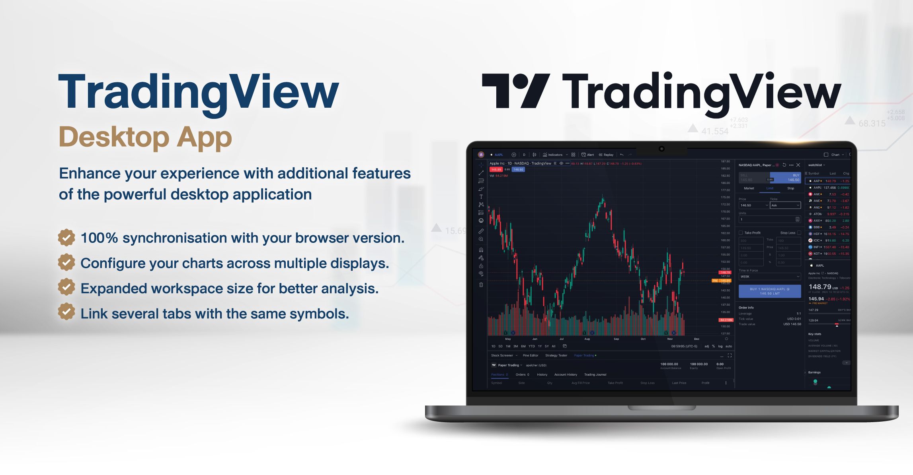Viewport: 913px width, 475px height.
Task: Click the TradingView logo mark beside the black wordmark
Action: [x=516, y=91]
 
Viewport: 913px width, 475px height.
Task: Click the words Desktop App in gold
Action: [x=145, y=137]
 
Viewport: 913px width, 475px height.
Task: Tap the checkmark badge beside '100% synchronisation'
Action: [x=66, y=238]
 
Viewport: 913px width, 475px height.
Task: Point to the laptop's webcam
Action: [x=661, y=149]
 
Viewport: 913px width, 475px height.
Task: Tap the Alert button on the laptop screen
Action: [x=588, y=155]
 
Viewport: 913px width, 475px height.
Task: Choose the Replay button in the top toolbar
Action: [x=606, y=155]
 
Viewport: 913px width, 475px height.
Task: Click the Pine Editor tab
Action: [x=531, y=355]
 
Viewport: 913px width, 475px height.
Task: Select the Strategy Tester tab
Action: [x=556, y=355]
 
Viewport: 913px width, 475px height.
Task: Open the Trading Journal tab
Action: [x=595, y=374]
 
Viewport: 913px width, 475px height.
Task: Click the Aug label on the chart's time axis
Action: [x=587, y=339]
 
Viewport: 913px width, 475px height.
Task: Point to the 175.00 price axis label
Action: [x=725, y=197]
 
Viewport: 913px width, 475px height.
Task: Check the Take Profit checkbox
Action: [x=741, y=233]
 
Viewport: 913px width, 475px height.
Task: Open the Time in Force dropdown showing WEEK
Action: [x=770, y=277]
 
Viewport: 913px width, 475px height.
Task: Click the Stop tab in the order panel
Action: [x=790, y=188]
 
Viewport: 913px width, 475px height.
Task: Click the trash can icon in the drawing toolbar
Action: [x=481, y=285]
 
